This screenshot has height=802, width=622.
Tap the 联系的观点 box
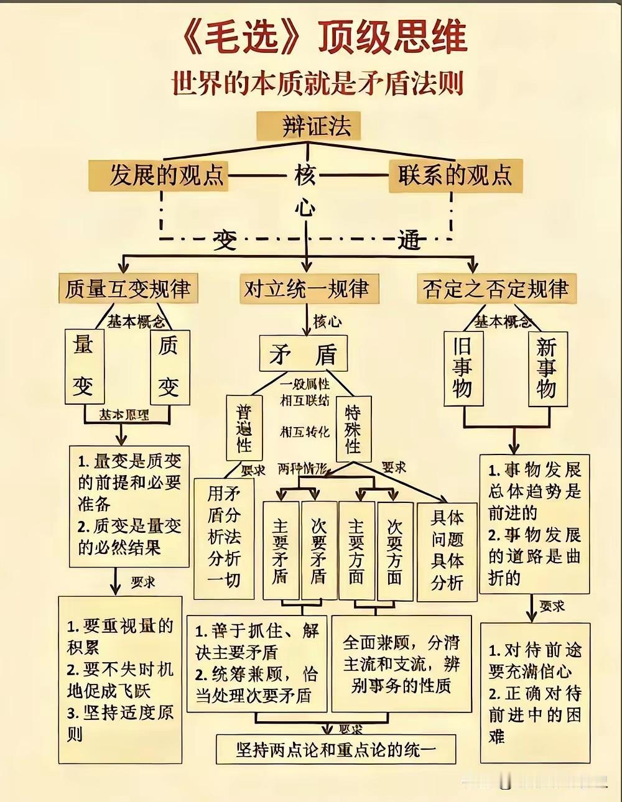(455, 175)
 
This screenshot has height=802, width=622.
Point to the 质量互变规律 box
(128, 289)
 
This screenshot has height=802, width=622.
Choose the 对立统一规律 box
(307, 289)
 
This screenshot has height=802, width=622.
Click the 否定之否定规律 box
(496, 289)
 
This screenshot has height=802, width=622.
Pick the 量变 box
(85, 367)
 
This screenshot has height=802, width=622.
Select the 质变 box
(170, 367)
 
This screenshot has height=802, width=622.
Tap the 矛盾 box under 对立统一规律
(304, 354)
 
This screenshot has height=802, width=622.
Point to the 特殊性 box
(353, 429)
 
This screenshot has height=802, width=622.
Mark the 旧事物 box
(462, 368)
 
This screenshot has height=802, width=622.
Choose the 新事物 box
(547, 368)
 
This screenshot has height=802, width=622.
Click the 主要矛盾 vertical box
(281, 550)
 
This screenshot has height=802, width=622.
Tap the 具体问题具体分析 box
(447, 550)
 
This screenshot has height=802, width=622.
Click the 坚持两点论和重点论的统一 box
(336, 749)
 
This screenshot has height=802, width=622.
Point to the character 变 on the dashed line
(225, 239)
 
